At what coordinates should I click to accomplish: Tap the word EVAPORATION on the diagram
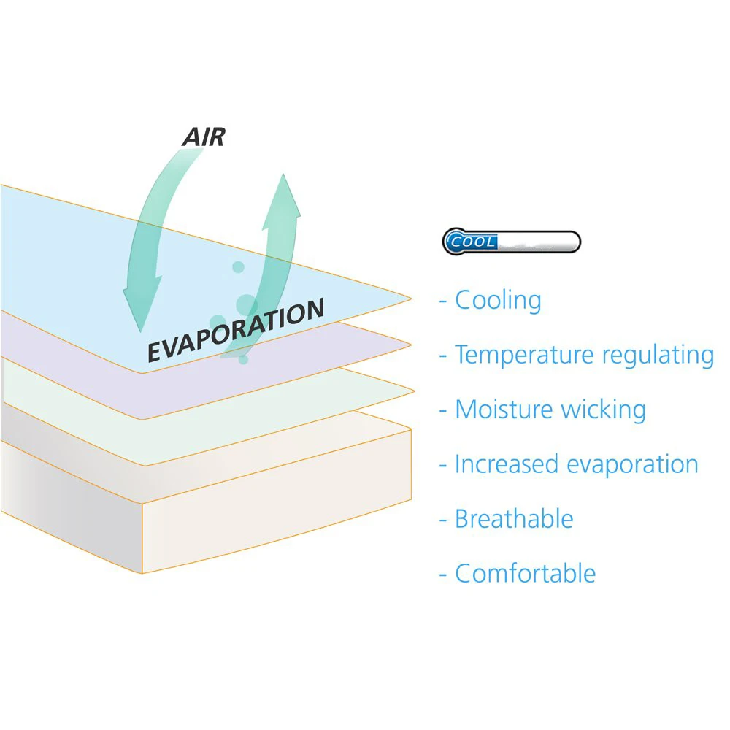coord(235,330)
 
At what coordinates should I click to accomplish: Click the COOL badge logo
coord(511,242)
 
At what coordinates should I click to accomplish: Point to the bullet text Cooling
coord(498,300)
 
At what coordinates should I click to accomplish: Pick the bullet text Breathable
coord(514,519)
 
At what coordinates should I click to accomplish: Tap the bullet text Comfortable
coord(525,573)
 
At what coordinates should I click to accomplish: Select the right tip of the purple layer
coord(409,343)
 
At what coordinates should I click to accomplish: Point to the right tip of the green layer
coord(409,388)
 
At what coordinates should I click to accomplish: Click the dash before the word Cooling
coord(442,301)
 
